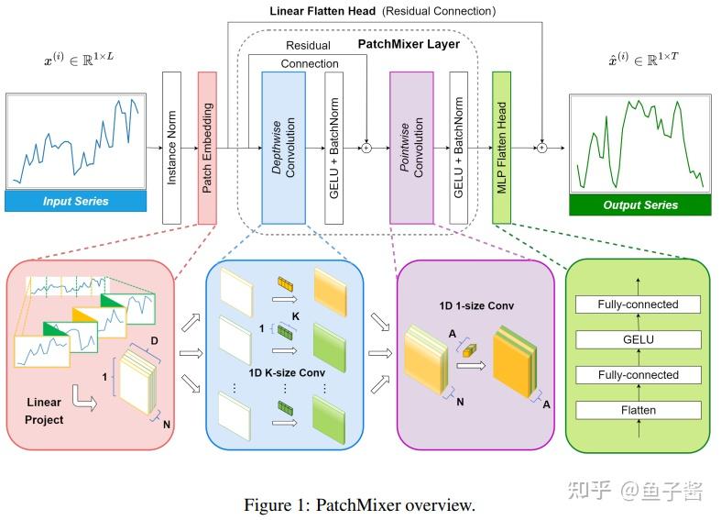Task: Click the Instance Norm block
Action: [171, 148]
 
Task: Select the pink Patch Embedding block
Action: [207, 148]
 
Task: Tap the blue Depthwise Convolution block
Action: [284, 148]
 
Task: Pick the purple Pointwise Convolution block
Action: [411, 148]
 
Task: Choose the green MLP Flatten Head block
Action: [502, 148]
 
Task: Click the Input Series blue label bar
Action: [76, 201]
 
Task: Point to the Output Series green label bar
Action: [640, 205]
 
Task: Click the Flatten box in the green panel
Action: [639, 410]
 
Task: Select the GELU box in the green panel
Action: [639, 339]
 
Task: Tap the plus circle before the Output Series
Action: [542, 148]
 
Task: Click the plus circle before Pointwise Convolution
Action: [366, 148]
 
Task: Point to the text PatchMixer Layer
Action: [409, 44]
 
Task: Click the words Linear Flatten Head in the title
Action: [322, 11]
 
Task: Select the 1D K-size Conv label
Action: [287, 372]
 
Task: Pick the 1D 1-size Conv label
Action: [476, 306]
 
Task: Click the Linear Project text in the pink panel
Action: [44, 411]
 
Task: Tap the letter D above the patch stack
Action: [154, 340]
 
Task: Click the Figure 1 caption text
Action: [359, 504]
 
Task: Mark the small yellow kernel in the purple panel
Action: [469, 350]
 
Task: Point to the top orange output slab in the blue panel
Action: [330, 293]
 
